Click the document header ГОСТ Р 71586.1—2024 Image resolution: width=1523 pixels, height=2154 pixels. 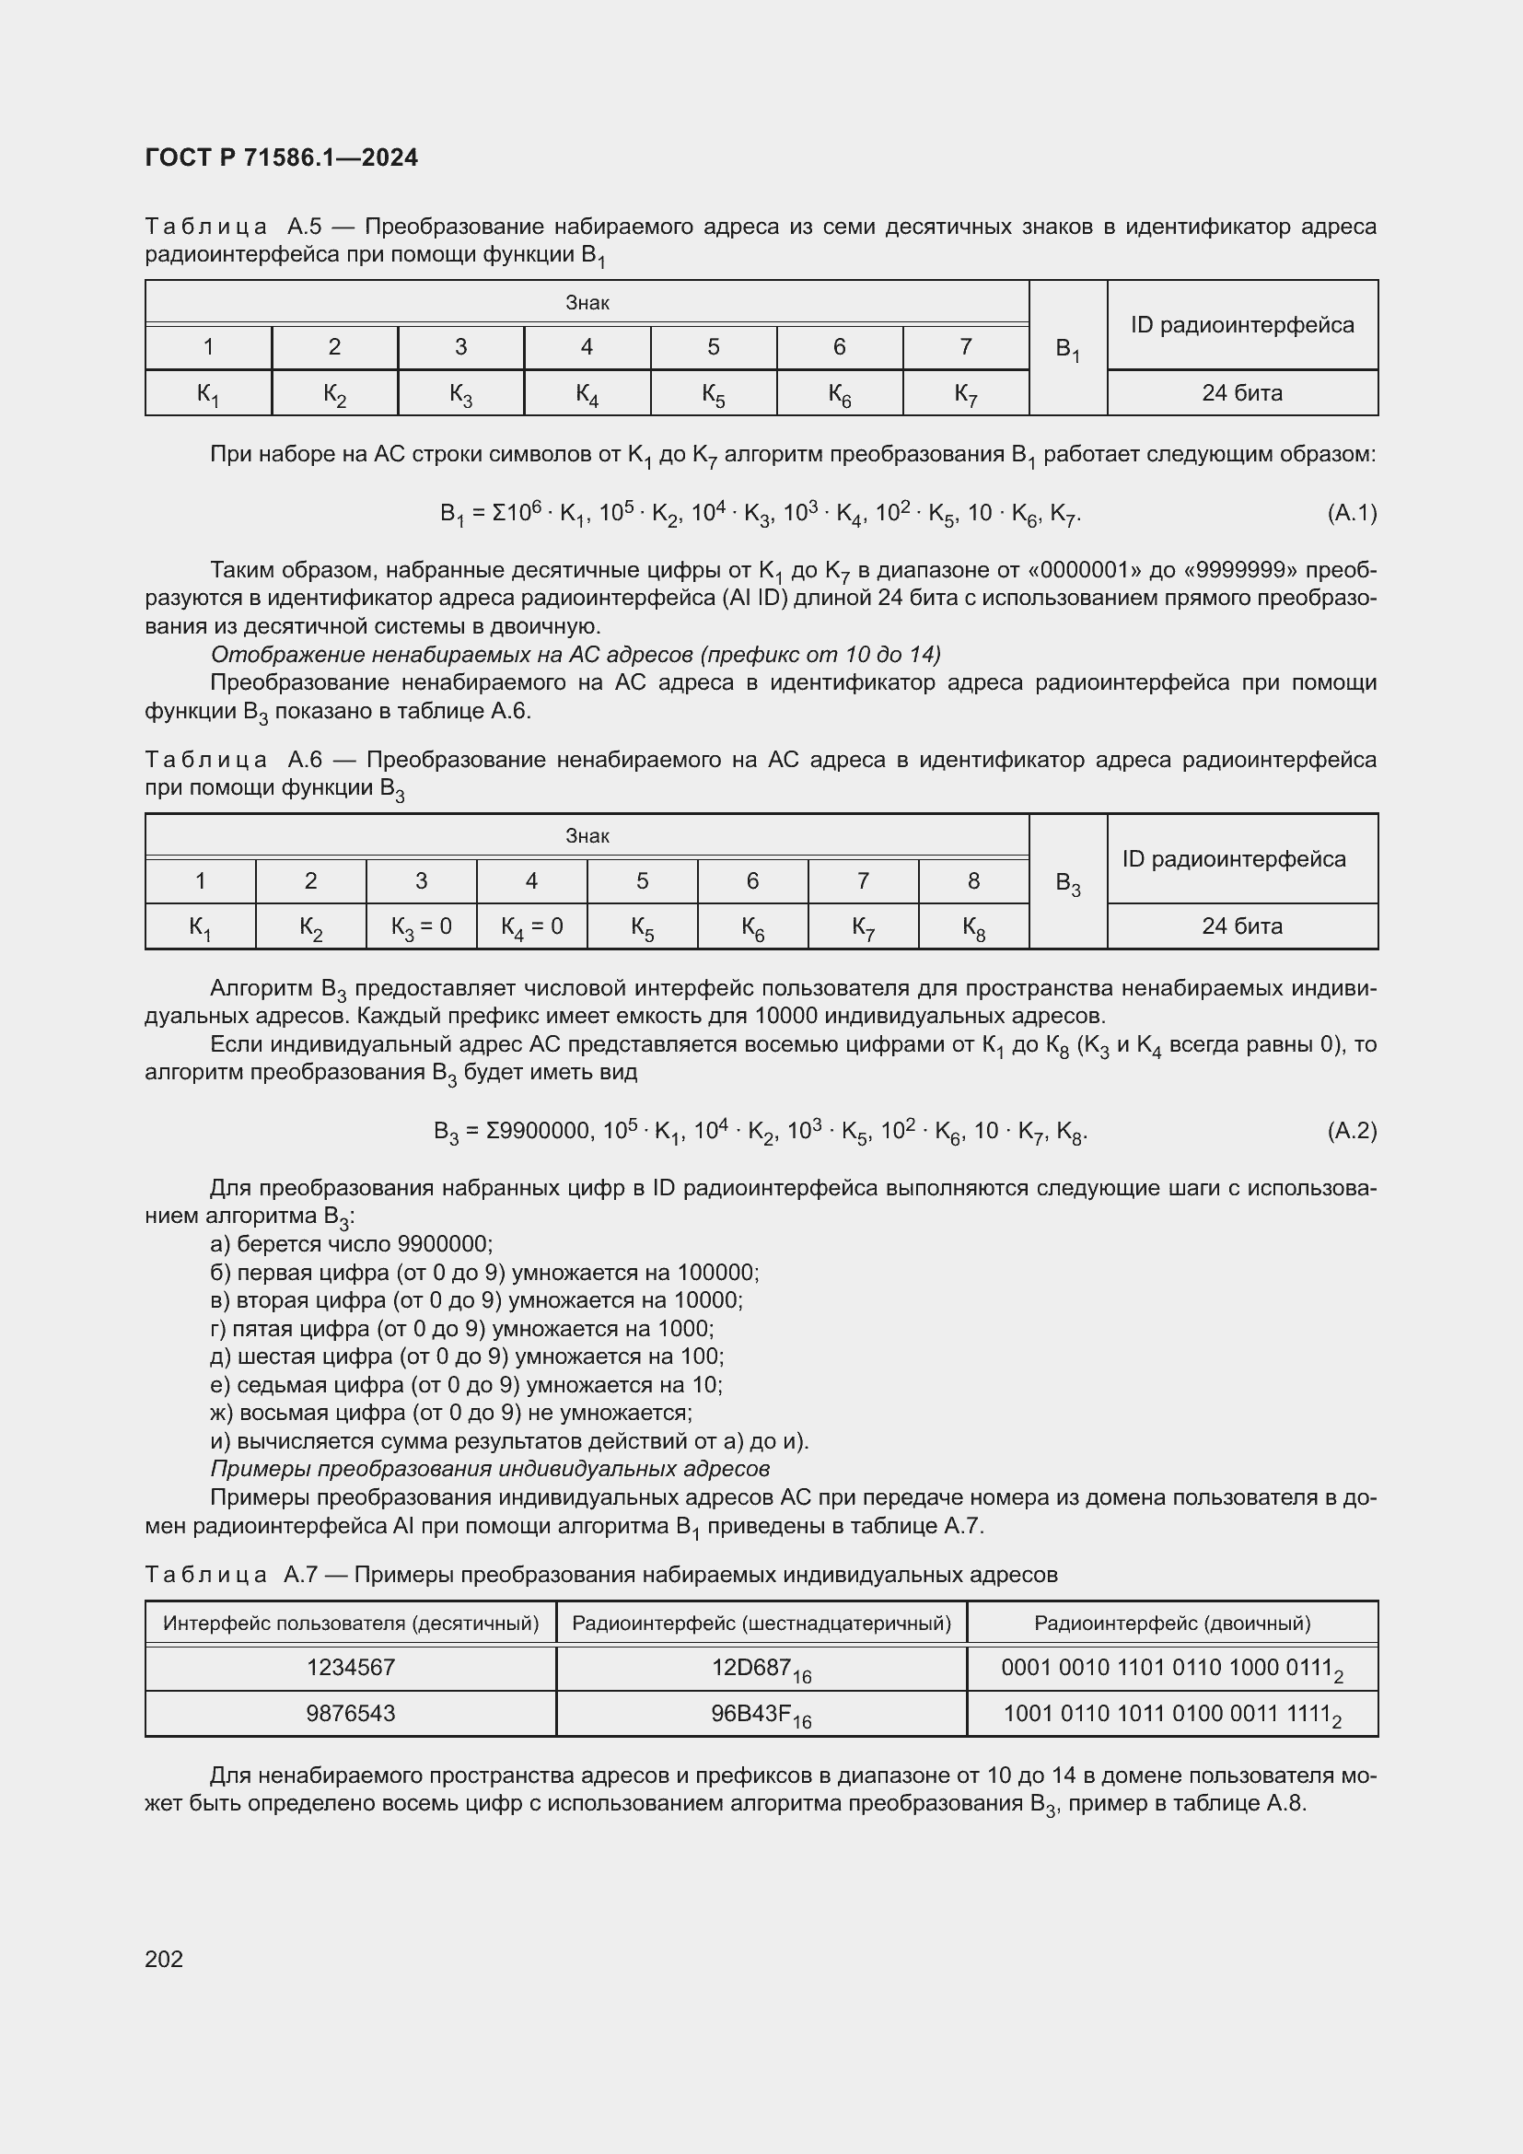282,157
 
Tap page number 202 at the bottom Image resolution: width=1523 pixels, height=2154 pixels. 164,1959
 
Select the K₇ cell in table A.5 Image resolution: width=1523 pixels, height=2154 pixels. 966,393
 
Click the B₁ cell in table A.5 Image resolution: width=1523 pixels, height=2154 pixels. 1067,349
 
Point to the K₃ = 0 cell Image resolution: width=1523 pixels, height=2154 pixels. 421,927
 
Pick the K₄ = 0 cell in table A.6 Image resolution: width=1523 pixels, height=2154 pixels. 531,927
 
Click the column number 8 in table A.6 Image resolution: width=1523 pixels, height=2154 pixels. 973,881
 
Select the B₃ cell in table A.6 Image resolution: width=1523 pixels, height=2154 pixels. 1067,883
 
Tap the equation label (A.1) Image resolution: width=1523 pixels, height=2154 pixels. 1352,513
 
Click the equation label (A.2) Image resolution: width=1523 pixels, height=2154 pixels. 1352,1131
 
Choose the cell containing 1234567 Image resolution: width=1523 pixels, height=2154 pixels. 351,1667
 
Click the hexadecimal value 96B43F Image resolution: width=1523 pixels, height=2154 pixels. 761,1714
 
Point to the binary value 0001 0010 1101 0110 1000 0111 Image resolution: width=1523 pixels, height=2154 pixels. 1171,1668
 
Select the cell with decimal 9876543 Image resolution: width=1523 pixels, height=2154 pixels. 351,1714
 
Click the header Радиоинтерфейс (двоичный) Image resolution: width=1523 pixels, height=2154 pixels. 1171,1623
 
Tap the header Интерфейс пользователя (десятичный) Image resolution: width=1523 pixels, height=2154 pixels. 351,1623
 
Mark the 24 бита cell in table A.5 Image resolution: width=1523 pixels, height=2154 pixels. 1241,393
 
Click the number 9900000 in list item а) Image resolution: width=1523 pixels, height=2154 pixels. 444,1245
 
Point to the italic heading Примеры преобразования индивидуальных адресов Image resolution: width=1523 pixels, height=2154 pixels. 490,1469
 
